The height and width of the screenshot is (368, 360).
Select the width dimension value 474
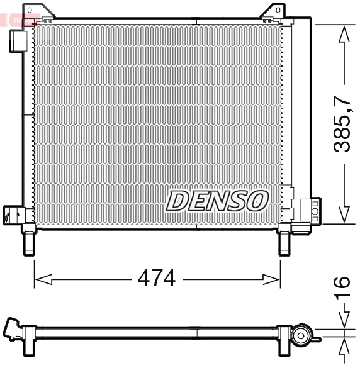coord(156,277)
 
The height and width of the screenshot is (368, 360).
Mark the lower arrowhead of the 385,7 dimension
coord(343,214)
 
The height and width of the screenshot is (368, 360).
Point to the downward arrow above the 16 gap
coord(343,321)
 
